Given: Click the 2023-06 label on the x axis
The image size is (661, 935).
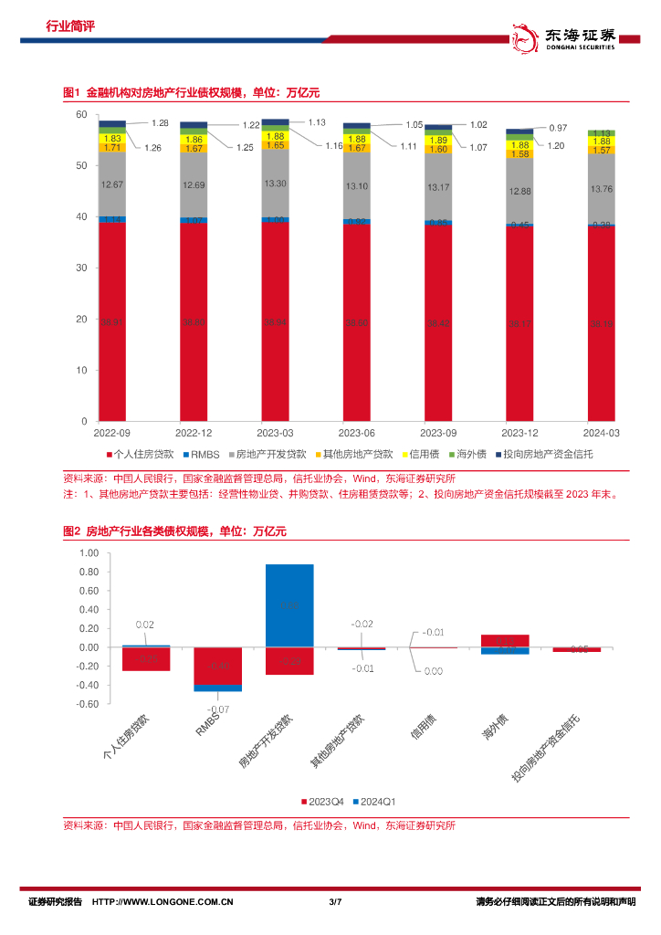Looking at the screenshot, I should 357,433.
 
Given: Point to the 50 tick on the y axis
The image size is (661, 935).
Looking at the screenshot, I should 81,165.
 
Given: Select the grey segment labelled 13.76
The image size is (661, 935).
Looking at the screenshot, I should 601,189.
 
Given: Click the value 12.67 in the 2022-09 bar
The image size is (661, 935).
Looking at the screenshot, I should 112,185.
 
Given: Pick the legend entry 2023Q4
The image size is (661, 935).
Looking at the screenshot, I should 323,801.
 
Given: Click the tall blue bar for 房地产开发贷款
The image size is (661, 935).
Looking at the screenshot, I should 289,604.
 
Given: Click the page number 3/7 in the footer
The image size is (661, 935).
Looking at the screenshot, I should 333,902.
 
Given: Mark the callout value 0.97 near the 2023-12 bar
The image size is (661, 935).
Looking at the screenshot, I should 558,128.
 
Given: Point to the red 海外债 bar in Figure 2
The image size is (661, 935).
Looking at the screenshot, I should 505,640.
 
